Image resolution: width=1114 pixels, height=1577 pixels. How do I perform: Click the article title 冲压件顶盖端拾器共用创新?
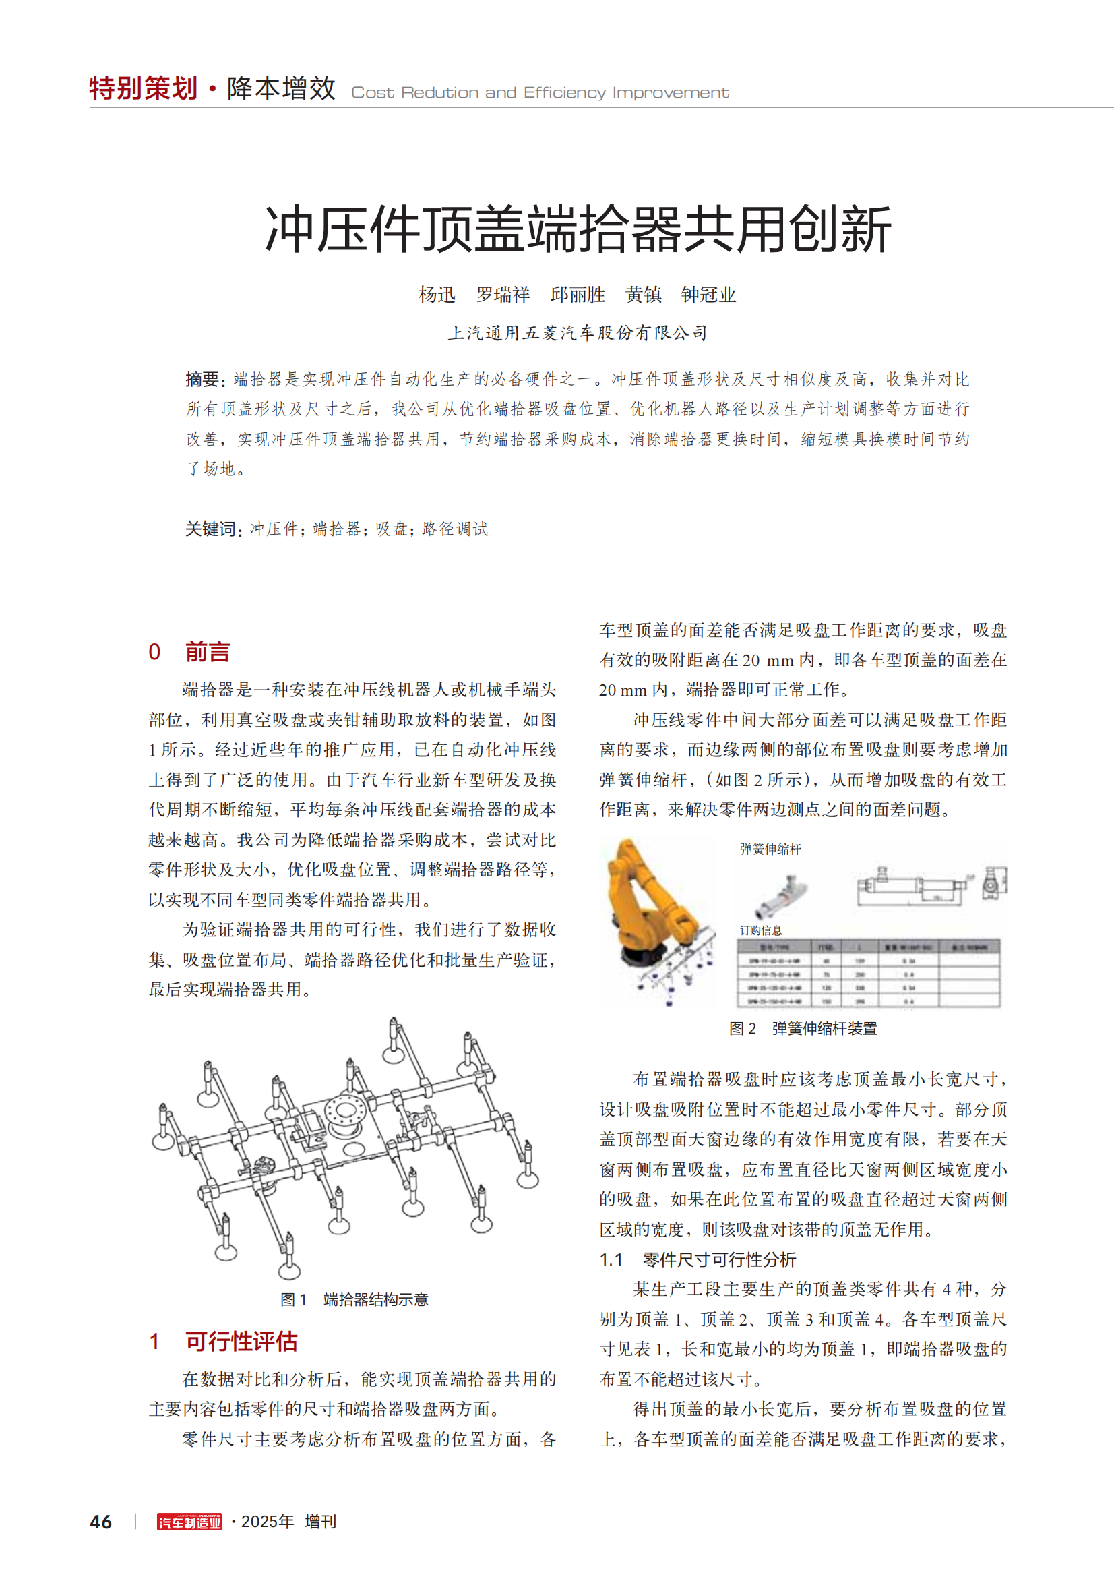pyautogui.click(x=578, y=229)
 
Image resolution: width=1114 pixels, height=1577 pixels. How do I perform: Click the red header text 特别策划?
pyautogui.click(x=144, y=88)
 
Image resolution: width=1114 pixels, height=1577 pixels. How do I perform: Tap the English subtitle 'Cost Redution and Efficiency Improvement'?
pyautogui.click(x=540, y=93)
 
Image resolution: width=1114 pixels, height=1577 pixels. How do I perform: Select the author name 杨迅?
pyautogui.click(x=437, y=295)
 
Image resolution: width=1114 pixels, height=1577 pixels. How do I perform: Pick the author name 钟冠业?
pyautogui.click(x=708, y=295)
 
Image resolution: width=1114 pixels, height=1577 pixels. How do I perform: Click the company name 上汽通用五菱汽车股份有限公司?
pyautogui.click(x=578, y=333)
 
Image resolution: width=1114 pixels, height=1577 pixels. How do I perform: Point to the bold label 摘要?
pyautogui.click(x=202, y=379)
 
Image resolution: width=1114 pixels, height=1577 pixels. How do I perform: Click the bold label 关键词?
pyautogui.click(x=212, y=529)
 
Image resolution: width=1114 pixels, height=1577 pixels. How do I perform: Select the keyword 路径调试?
pyautogui.click(x=454, y=529)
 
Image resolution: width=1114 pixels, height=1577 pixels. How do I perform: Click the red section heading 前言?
pyautogui.click(x=207, y=651)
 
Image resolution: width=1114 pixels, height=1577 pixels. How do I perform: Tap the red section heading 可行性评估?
pyautogui.click(x=241, y=1342)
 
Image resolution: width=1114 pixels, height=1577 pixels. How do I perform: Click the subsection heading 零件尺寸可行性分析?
pyautogui.click(x=718, y=1259)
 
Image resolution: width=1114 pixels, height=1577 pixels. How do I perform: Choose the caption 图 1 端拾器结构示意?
pyautogui.click(x=354, y=1299)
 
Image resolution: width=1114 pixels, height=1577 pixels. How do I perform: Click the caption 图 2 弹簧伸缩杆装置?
pyautogui.click(x=803, y=1028)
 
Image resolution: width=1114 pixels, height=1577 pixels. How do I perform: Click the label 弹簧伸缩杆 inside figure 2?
pyautogui.click(x=770, y=849)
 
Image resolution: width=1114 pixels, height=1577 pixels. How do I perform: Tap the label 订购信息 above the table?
pyautogui.click(x=760, y=930)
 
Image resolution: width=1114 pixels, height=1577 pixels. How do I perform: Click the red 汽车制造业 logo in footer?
pyautogui.click(x=189, y=1522)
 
